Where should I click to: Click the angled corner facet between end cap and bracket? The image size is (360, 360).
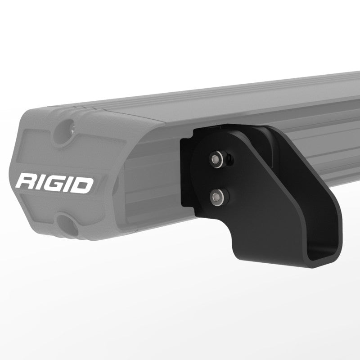tap(148, 180)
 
